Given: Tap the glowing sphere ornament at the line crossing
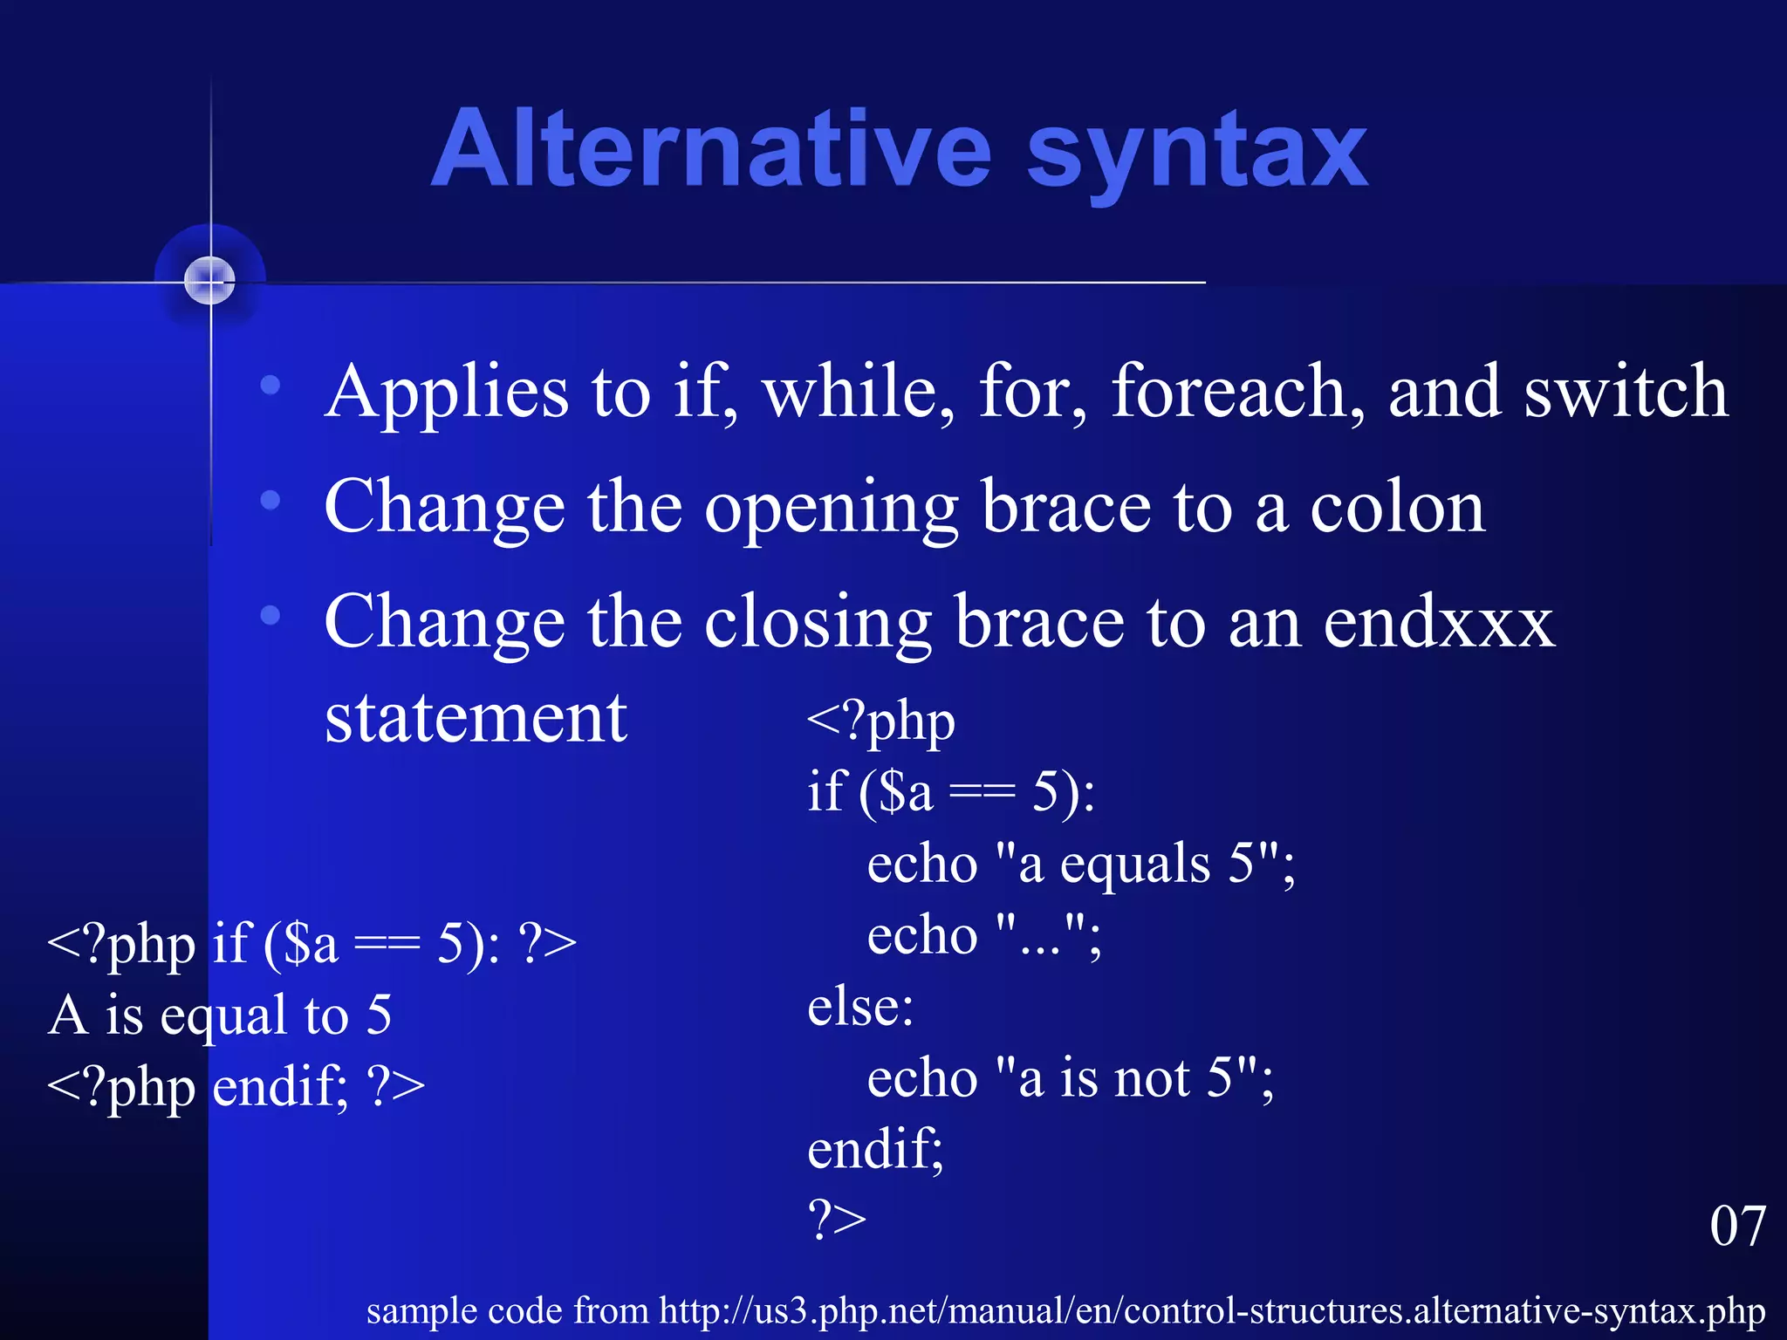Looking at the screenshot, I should coord(210,281).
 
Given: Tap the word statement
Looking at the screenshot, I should coord(476,718).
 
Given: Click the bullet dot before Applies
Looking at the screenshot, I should coord(270,384).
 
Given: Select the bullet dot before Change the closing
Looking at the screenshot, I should coord(270,615).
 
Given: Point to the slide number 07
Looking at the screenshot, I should coord(1737,1226).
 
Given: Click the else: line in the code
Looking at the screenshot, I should coord(860,1007).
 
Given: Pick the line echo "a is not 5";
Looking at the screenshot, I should coord(1070,1078).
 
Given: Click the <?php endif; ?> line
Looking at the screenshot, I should coord(236,1087).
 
